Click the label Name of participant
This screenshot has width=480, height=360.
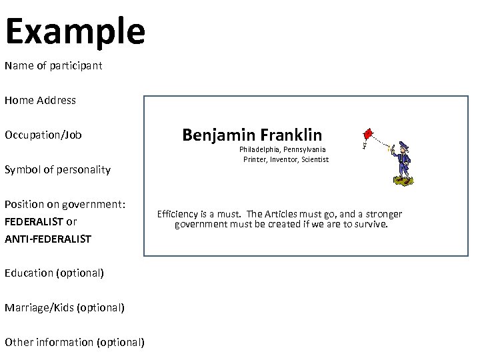pos(53,66)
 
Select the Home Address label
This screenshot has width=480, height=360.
pos(40,101)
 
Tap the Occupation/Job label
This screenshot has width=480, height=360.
pos(43,135)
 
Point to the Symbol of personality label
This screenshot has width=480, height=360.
pos(57,169)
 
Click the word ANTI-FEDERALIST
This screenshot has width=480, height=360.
pos(47,239)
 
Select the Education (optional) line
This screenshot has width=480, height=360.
pos(54,273)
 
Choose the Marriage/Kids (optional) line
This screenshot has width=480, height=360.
pos(64,307)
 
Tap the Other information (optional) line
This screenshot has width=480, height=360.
pos(74,342)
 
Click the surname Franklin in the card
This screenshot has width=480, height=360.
pos(291,135)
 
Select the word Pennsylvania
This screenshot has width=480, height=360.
pos(305,149)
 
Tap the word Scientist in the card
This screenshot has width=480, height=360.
pos(314,159)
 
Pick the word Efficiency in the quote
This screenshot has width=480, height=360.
pos(179,214)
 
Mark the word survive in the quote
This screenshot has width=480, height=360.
pos(371,224)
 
